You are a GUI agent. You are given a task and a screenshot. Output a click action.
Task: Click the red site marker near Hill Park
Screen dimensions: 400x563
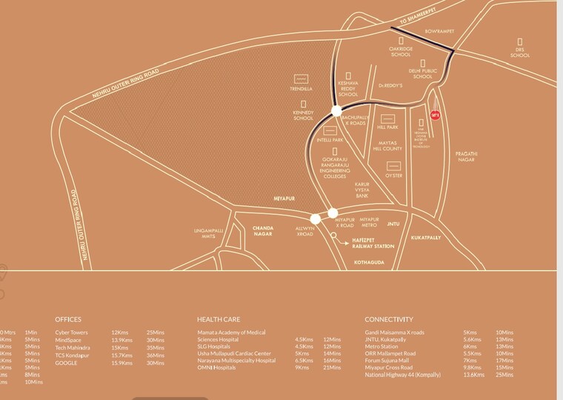coord(435,115)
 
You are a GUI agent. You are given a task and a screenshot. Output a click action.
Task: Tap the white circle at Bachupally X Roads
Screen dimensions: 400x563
coord(336,111)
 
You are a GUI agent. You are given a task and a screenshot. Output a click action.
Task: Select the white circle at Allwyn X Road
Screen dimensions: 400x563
coord(316,219)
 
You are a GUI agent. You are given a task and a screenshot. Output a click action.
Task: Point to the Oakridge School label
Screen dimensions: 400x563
coord(400,52)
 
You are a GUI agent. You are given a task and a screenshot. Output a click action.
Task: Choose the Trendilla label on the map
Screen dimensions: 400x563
coord(301,90)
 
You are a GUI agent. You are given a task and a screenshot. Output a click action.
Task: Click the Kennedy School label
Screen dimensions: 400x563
coord(303,115)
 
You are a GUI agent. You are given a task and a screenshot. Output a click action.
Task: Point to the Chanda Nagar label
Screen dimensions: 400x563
coord(264,230)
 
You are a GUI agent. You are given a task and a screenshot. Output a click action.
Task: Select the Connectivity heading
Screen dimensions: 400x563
coord(388,319)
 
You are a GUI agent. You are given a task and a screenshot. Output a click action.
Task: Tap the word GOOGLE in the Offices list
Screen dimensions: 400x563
coord(65,362)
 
